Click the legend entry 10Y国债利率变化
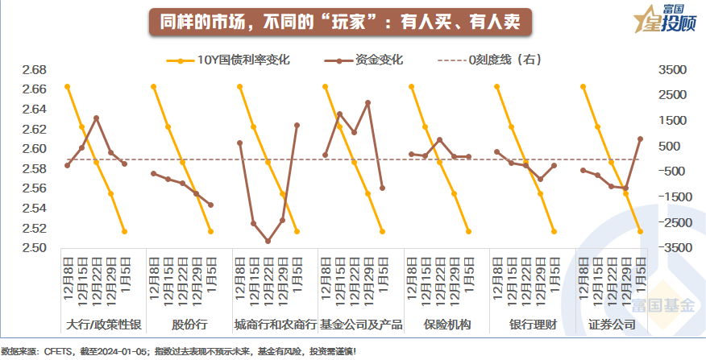(x=243, y=59)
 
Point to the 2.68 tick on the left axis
(x=34, y=70)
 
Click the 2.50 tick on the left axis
(x=34, y=248)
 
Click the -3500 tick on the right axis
(x=674, y=248)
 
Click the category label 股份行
(x=189, y=325)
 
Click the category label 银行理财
(x=532, y=325)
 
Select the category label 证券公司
(x=613, y=325)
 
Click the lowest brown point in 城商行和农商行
(x=268, y=241)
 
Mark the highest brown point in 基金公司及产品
(x=368, y=102)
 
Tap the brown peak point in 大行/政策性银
(x=96, y=118)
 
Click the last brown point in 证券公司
(x=640, y=139)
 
